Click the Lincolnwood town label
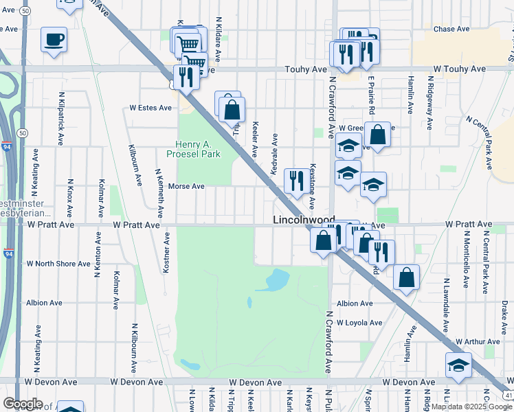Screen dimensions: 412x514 point(304,220)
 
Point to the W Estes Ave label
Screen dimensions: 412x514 point(150,108)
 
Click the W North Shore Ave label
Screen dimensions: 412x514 point(58,263)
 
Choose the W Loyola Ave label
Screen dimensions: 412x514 point(359,323)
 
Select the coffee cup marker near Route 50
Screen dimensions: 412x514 point(54,39)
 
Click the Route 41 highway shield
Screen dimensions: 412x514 point(506,395)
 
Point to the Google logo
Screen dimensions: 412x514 point(23,404)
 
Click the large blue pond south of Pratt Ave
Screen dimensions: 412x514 point(276,279)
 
